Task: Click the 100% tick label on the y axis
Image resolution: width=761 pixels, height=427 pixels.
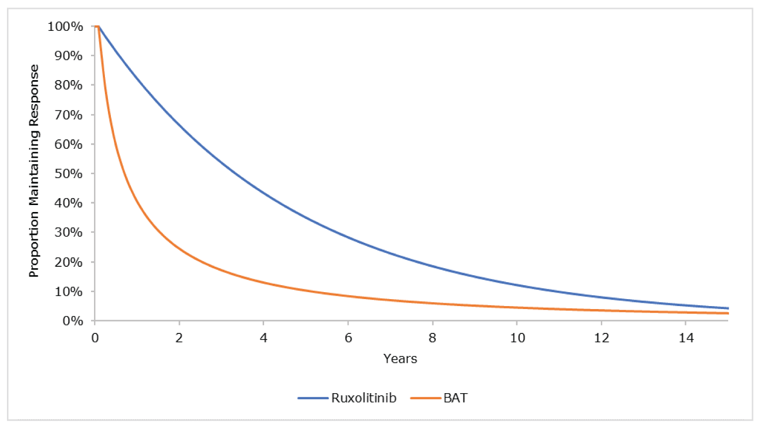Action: click(65, 26)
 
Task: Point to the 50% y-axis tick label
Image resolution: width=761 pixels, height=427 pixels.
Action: click(68, 174)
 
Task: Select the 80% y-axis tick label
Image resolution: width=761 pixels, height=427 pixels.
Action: click(68, 85)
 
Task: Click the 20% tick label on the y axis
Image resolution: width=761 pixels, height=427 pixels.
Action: click(68, 262)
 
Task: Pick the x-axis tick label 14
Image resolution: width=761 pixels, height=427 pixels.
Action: click(686, 338)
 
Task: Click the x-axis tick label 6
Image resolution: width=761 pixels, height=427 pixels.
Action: click(348, 338)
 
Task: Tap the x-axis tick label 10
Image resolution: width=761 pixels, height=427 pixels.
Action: click(517, 338)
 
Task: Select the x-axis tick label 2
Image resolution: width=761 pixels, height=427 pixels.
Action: click(179, 338)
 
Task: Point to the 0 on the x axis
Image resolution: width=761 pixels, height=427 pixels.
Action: click(95, 338)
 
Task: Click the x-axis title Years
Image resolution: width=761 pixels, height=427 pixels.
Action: click(400, 359)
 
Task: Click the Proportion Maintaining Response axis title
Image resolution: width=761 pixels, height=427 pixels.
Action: click(34, 171)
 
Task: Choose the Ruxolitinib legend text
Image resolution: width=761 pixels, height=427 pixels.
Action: click(364, 398)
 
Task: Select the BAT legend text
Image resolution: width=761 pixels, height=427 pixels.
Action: click(455, 398)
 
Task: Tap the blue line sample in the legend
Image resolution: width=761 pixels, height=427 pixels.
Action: click(313, 398)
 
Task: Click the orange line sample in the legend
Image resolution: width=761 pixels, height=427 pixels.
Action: click(426, 398)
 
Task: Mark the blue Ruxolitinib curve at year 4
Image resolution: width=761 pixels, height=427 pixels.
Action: click(264, 191)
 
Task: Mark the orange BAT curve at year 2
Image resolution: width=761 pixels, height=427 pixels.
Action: click(179, 248)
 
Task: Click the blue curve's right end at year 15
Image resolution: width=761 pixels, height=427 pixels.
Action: click(728, 309)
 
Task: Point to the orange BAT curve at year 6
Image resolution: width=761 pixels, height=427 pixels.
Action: click(348, 297)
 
